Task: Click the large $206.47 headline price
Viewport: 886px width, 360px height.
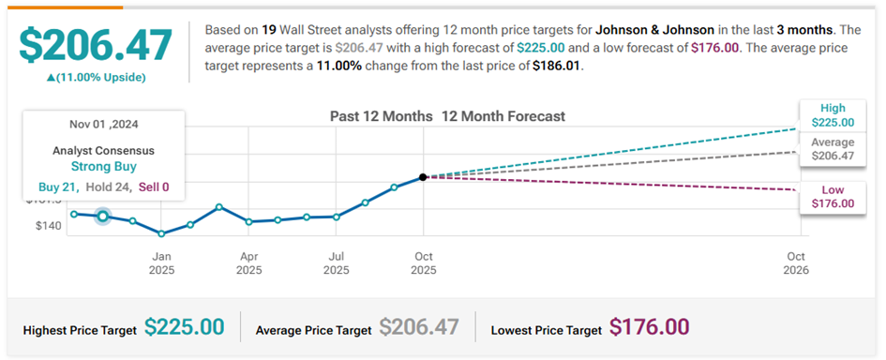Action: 96,45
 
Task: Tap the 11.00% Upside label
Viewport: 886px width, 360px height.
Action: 96,78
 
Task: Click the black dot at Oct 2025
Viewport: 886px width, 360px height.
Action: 423,177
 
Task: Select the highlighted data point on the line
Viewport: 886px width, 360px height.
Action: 103,216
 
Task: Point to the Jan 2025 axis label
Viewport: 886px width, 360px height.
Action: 161,263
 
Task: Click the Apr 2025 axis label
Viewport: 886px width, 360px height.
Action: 249,263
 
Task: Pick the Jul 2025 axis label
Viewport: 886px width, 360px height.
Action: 337,263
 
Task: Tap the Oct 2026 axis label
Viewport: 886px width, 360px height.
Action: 796,263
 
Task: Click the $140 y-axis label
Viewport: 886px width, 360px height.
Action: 49,226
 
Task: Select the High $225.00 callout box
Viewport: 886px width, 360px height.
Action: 833,115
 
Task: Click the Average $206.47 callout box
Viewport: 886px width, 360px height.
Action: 833,149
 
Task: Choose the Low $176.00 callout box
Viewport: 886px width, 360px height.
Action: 833,197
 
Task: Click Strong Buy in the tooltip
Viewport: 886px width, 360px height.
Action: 103,166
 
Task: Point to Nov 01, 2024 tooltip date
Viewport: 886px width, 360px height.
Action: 103,124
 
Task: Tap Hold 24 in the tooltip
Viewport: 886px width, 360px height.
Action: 109,187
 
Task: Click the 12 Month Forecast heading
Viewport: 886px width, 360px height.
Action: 503,116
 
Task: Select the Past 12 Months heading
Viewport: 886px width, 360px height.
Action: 382,116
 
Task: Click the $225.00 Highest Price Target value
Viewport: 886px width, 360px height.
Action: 184,327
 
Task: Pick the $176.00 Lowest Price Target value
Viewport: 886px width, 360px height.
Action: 649,327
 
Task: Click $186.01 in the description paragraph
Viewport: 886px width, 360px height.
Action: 557,66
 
